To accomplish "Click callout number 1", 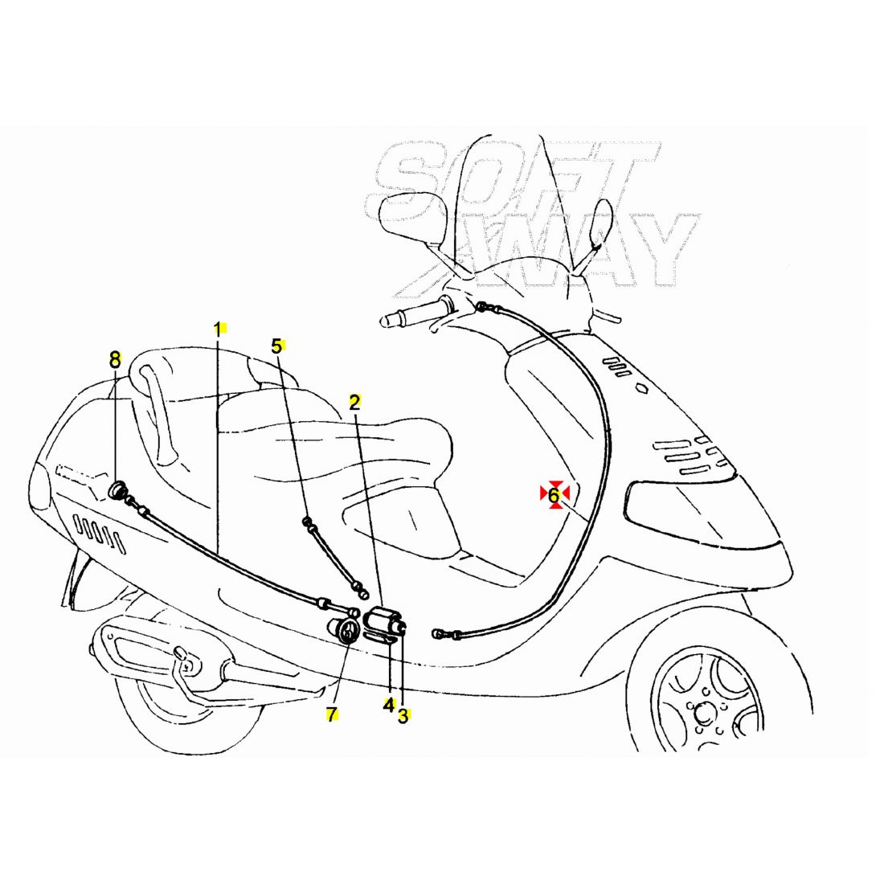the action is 217,329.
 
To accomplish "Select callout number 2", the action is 354,403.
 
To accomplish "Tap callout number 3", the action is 403,715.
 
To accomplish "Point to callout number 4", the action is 388,705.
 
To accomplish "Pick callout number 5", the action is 276,346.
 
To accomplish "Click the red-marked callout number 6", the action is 554,495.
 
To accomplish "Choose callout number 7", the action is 331,714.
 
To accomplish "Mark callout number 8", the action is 115,358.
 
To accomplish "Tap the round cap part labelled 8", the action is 117,489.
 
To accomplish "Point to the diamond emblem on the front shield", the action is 642,388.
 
